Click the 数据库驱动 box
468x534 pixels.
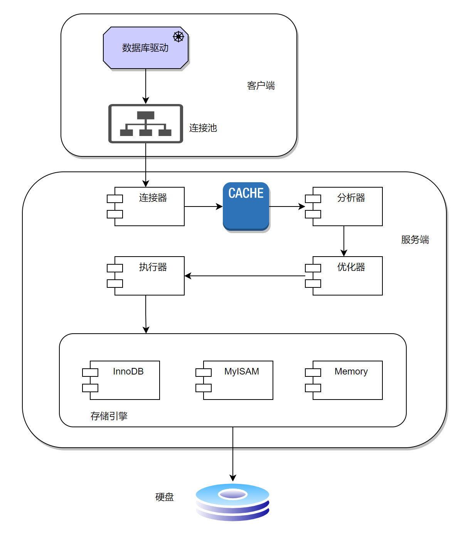point(145,48)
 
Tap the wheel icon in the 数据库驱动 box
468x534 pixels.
point(178,37)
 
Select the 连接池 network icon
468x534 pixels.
point(146,124)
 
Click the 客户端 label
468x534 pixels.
point(261,86)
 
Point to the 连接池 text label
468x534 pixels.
point(203,128)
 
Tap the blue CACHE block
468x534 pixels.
point(246,206)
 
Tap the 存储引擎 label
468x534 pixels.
point(109,416)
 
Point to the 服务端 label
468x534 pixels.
point(415,240)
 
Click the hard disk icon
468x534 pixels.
point(232,502)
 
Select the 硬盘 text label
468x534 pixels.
point(165,497)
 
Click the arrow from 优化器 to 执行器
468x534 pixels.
point(245,276)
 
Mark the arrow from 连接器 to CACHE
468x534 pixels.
point(204,207)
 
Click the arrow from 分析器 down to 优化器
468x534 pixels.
point(344,241)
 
